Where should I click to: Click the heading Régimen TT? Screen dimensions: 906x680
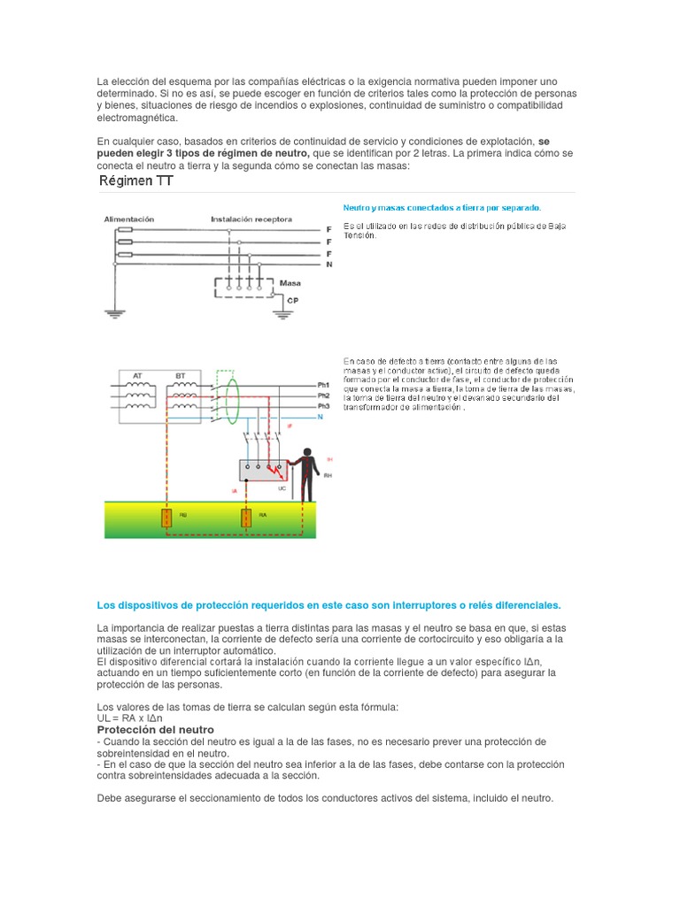click(x=135, y=182)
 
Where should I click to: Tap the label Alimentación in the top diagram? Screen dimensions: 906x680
click(x=129, y=219)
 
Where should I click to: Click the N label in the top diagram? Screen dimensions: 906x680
click(x=328, y=264)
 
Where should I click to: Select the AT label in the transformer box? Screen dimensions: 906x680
click(x=137, y=376)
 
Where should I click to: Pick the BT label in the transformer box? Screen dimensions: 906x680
click(x=182, y=376)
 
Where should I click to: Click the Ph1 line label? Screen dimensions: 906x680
click(x=323, y=386)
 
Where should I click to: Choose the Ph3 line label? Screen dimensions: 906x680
click(x=323, y=405)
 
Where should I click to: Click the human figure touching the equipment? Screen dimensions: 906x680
click(x=306, y=475)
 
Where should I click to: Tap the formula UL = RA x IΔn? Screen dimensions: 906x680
click(x=135, y=718)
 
